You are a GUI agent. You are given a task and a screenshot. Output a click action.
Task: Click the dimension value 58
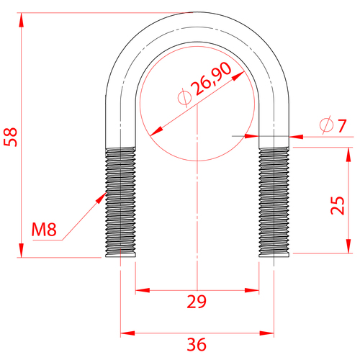coord(11,137)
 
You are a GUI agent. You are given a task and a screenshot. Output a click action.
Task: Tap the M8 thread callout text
coord(44,230)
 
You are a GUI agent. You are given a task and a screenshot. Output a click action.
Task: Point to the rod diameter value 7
coord(342,125)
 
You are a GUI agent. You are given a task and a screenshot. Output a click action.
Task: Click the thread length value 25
coord(338,205)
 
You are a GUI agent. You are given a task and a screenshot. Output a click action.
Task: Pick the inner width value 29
coord(197,302)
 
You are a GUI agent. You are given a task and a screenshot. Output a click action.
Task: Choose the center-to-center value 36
coord(197,344)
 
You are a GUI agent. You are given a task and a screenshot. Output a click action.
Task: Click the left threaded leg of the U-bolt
coord(120,202)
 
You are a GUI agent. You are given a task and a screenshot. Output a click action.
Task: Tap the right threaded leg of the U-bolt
coord(274,202)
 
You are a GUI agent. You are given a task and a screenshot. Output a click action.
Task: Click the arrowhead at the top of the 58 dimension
coord(22,19)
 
